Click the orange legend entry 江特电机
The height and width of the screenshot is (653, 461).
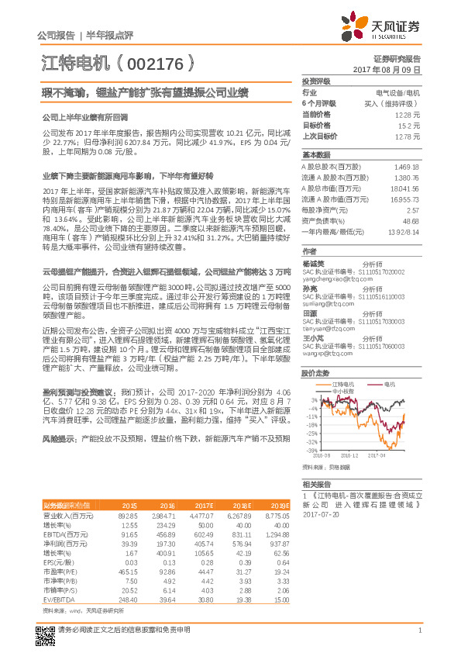[x=340, y=384]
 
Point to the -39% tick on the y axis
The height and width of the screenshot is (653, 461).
[x=311, y=450]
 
